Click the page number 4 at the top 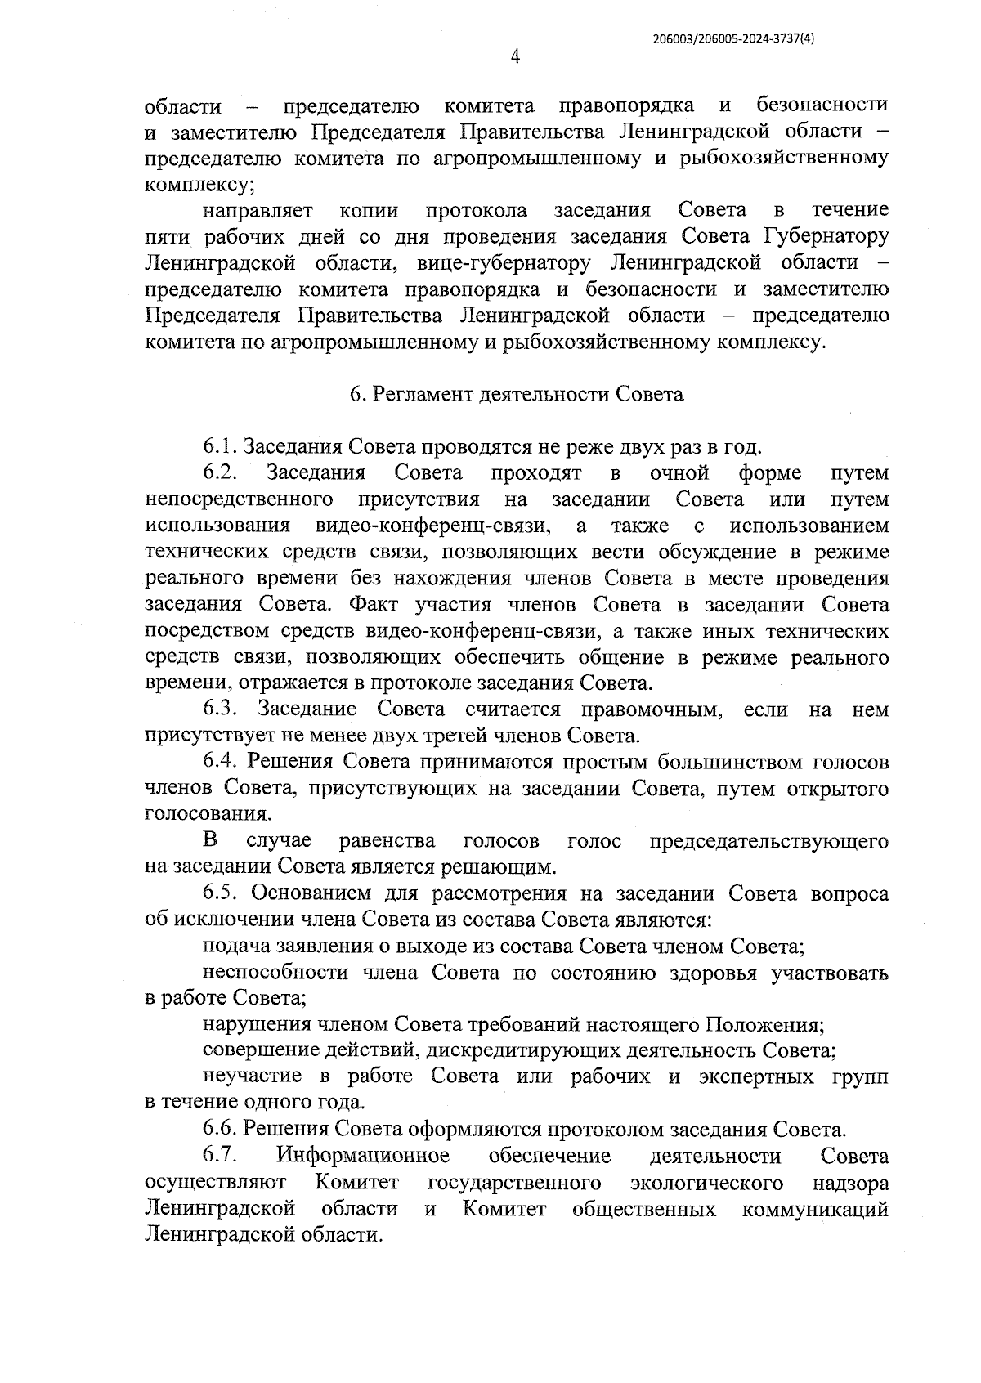tap(515, 56)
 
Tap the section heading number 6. tap(355, 395)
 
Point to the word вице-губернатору tap(504, 263)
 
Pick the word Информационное tap(363, 1157)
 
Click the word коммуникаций tap(814, 1209)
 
